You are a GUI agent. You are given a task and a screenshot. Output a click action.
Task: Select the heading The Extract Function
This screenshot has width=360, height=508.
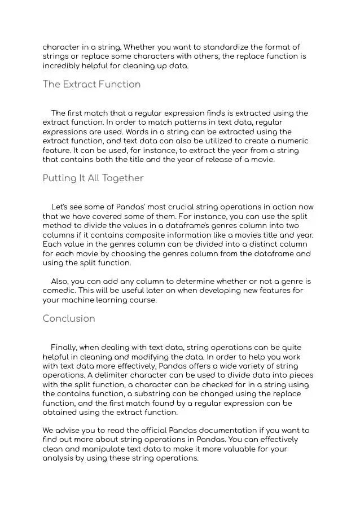point(91,85)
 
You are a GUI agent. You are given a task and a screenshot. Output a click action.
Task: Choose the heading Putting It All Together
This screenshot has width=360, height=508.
point(93,178)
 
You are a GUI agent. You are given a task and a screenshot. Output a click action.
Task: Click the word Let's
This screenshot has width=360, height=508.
point(61,207)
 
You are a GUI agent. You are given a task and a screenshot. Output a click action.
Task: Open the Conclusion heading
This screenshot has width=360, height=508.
point(69,318)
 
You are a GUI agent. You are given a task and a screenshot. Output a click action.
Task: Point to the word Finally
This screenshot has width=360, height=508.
point(65,347)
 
